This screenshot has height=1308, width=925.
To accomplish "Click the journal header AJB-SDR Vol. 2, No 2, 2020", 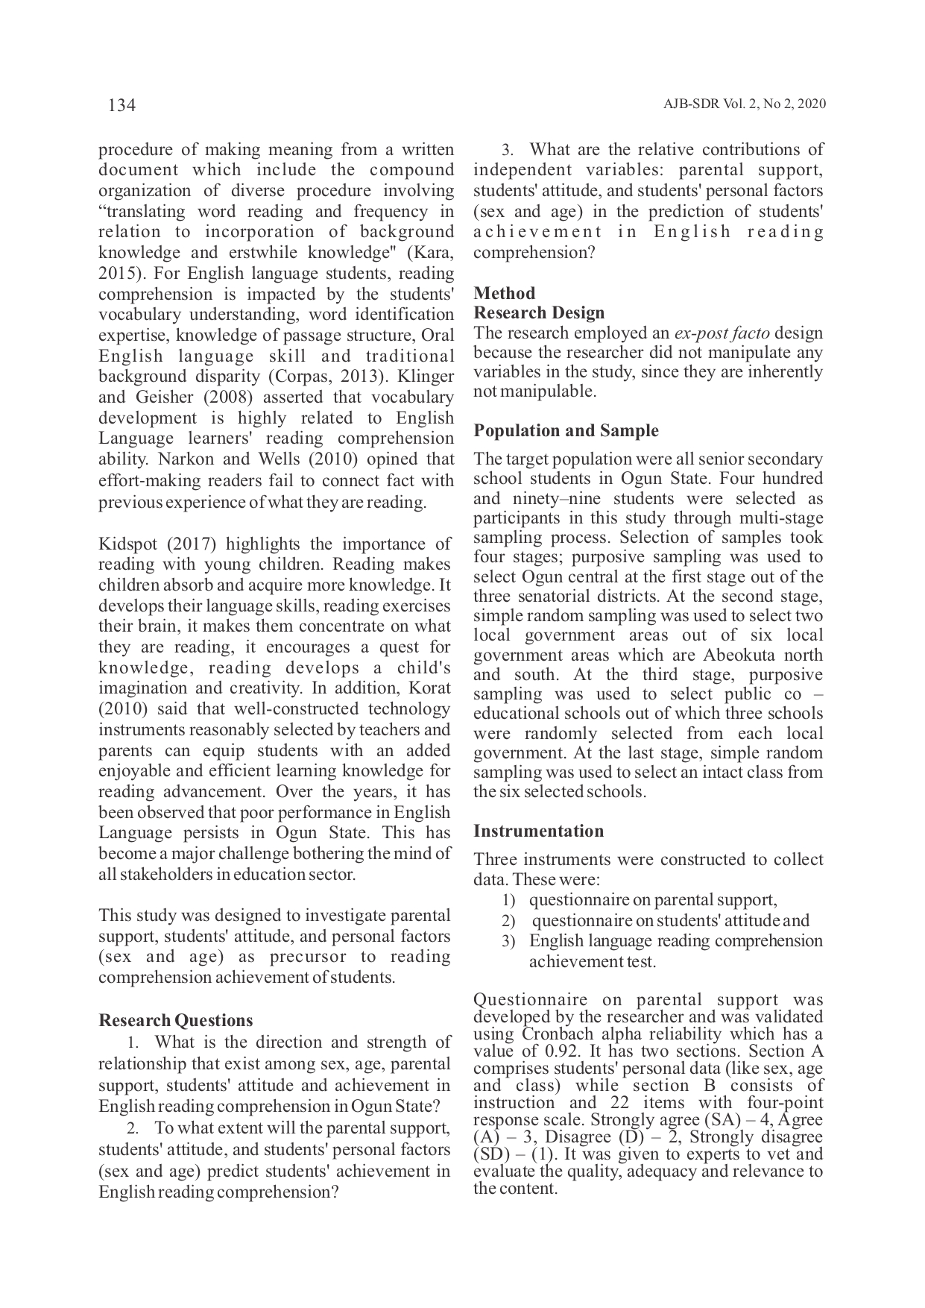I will click(x=744, y=104).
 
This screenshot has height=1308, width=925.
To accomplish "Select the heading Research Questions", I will click(x=176, y=1020).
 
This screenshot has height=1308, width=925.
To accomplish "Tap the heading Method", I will click(x=505, y=293).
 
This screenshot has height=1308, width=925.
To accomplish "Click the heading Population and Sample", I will click(x=566, y=430).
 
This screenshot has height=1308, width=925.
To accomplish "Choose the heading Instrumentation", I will click(x=539, y=831).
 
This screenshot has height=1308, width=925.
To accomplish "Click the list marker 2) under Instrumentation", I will click(x=508, y=922).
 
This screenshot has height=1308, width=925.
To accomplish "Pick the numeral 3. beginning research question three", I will click(x=508, y=150).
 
